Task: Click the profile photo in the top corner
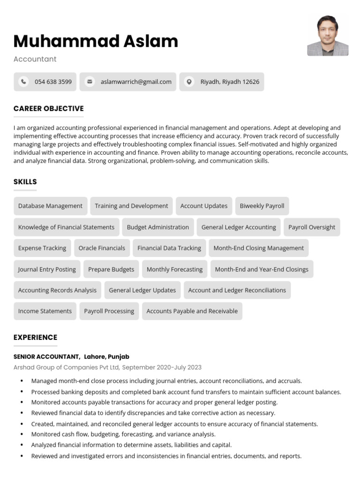click(x=328, y=36)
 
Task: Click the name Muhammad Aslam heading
click(x=96, y=41)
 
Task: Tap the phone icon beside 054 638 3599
click(x=23, y=82)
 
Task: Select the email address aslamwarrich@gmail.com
click(x=136, y=82)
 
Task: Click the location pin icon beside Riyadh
click(x=189, y=82)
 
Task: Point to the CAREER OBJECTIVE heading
click(x=48, y=108)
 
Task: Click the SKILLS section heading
click(x=25, y=181)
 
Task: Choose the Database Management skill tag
click(x=50, y=206)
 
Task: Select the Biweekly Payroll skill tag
click(x=262, y=206)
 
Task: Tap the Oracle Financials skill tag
click(x=102, y=248)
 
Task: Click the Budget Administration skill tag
click(x=158, y=227)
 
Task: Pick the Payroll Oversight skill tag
click(x=312, y=227)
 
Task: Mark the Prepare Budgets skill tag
click(x=111, y=269)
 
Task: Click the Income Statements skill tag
click(x=45, y=311)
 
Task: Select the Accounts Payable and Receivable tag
click(x=192, y=311)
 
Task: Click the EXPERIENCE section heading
click(x=35, y=337)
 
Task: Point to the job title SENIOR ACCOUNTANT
click(x=46, y=357)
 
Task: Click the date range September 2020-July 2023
click(x=162, y=367)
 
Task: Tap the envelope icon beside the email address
click(x=89, y=82)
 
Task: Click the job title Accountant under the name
click(x=35, y=59)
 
